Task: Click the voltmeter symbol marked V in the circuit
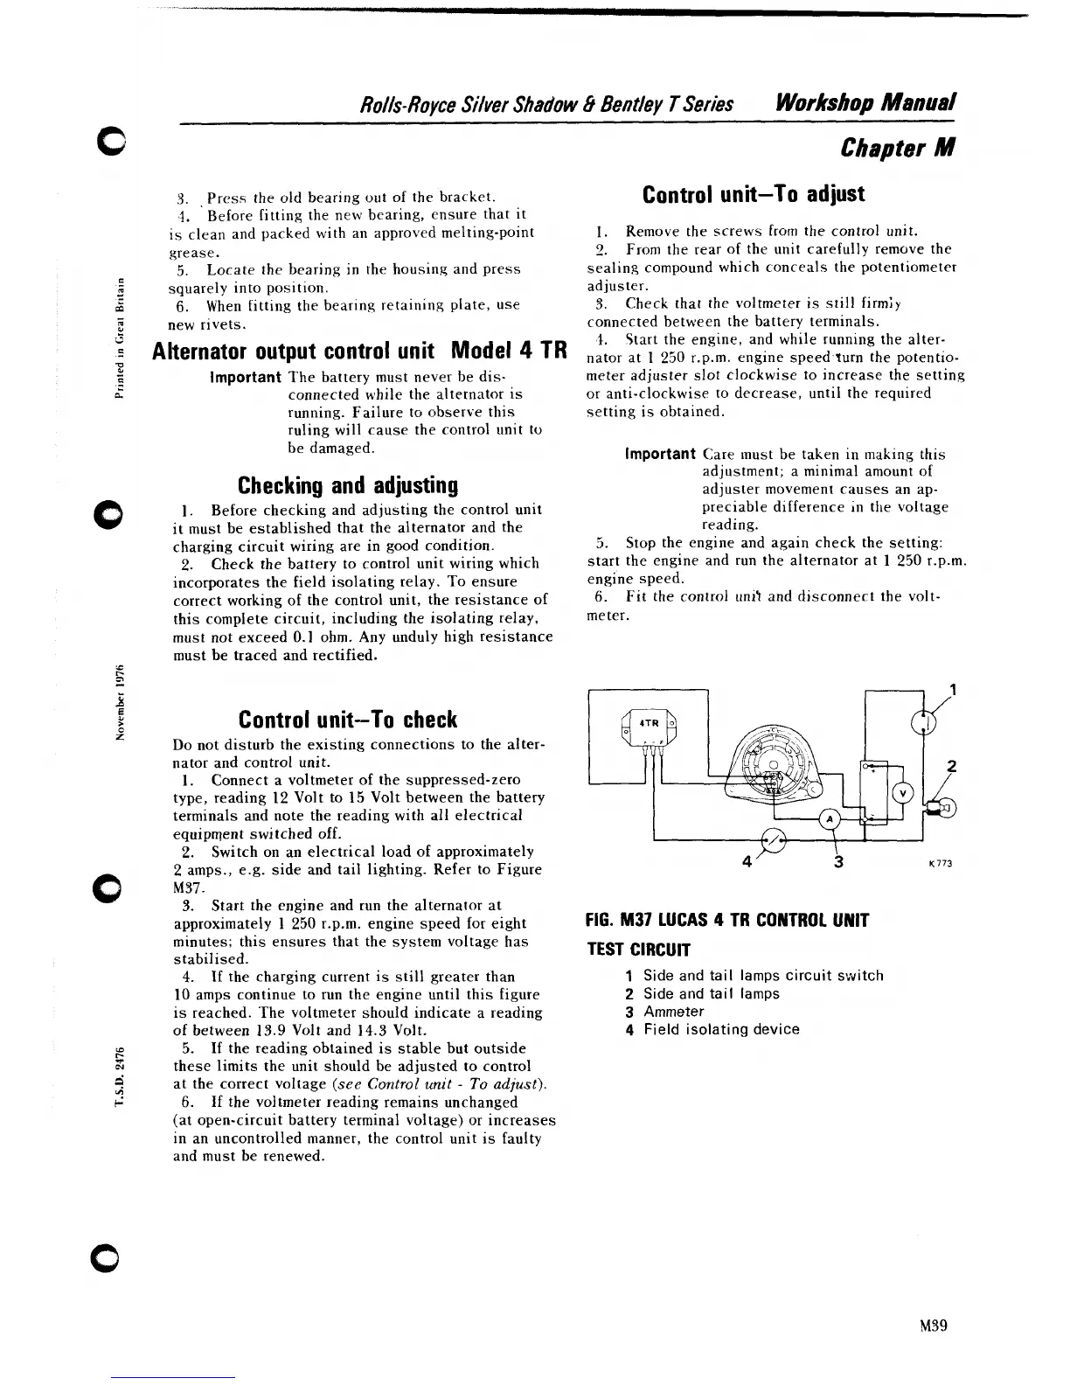(x=902, y=792)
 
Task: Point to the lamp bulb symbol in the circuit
(x=943, y=808)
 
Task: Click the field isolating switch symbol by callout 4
(x=774, y=839)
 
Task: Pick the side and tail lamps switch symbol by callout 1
(x=924, y=720)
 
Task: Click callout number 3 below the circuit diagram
(x=837, y=862)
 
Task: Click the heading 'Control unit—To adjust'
(x=753, y=194)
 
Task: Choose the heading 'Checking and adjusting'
(x=348, y=484)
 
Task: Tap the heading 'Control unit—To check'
(x=348, y=720)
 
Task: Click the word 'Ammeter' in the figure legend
(x=673, y=1012)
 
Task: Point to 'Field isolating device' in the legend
(x=721, y=1029)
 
